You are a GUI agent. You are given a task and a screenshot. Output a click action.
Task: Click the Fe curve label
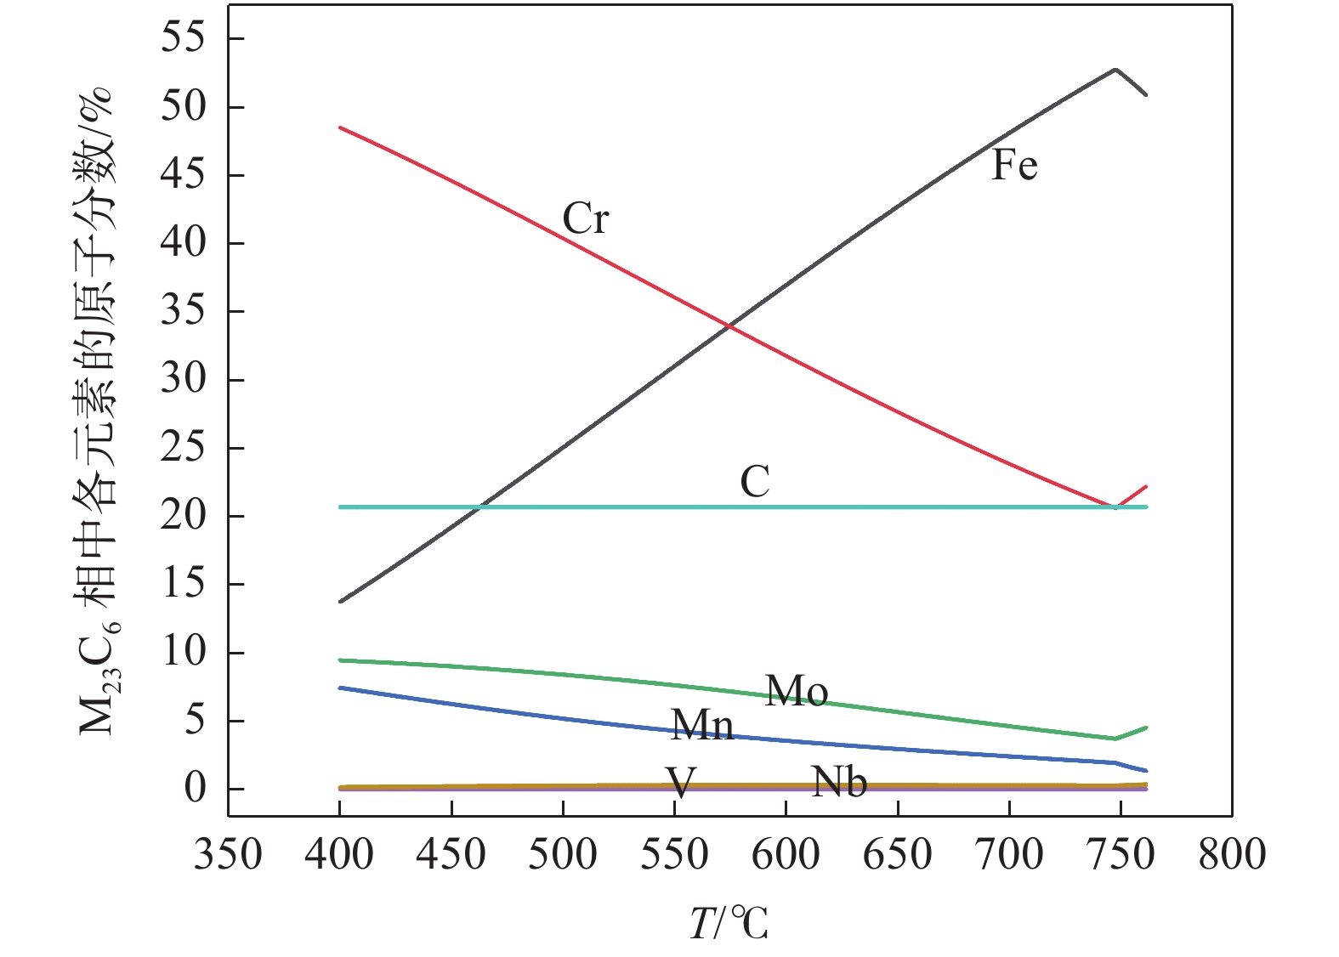pyautogui.click(x=1014, y=165)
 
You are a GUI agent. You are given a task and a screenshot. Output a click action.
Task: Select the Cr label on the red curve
pyautogui.click(x=586, y=219)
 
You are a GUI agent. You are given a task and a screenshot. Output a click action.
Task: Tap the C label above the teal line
pyautogui.click(x=755, y=482)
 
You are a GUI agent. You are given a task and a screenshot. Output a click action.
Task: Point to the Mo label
pyautogui.click(x=797, y=691)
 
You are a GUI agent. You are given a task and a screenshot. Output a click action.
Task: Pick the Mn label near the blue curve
pyautogui.click(x=702, y=725)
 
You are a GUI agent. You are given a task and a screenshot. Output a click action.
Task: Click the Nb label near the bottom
pyautogui.click(x=839, y=782)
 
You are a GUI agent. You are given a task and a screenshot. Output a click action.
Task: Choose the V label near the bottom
pyautogui.click(x=681, y=782)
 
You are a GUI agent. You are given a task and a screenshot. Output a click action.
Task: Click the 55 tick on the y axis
pyautogui.click(x=184, y=39)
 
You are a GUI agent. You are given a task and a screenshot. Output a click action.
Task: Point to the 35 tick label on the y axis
pyautogui.click(x=184, y=312)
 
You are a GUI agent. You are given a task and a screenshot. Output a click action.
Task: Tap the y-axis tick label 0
pyautogui.click(x=196, y=789)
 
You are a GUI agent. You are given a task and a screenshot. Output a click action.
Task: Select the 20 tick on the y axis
pyautogui.click(x=184, y=516)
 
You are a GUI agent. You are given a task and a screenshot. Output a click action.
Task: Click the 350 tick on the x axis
pyautogui.click(x=228, y=854)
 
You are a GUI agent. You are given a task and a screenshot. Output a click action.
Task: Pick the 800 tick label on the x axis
pyautogui.click(x=1232, y=854)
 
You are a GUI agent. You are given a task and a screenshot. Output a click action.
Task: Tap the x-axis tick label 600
pyautogui.click(x=786, y=854)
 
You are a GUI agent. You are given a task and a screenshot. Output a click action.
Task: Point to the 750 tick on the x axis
pyautogui.click(x=1121, y=854)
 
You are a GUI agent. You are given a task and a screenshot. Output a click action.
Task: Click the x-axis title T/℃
pyautogui.click(x=729, y=923)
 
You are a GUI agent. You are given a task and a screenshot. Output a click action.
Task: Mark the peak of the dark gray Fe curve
pyautogui.click(x=1115, y=70)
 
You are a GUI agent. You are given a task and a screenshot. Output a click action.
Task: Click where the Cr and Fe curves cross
pyautogui.click(x=729, y=326)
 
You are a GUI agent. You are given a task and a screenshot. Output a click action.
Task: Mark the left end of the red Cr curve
pyautogui.click(x=340, y=127)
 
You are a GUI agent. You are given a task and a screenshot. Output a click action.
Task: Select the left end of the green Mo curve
pyautogui.click(x=340, y=660)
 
